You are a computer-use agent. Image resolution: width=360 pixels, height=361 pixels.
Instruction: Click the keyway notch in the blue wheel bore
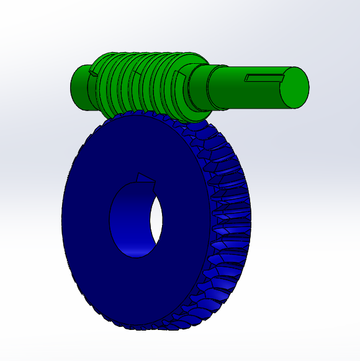(144, 179)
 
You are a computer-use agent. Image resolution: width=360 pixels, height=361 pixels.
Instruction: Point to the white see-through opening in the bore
(156, 220)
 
